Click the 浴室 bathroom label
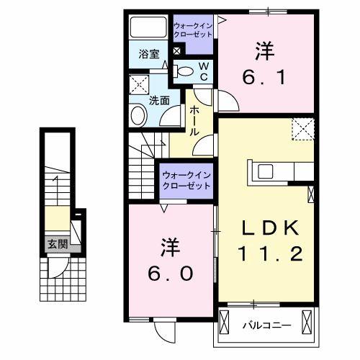(150, 53)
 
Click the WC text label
(203, 71)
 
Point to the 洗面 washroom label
(159, 101)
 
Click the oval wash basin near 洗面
(137, 115)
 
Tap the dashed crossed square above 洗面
(138, 86)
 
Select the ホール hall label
(195, 122)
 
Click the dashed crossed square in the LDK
(302, 130)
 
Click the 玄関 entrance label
(58, 245)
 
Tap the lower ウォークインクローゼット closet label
(186, 179)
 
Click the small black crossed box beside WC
(177, 52)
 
